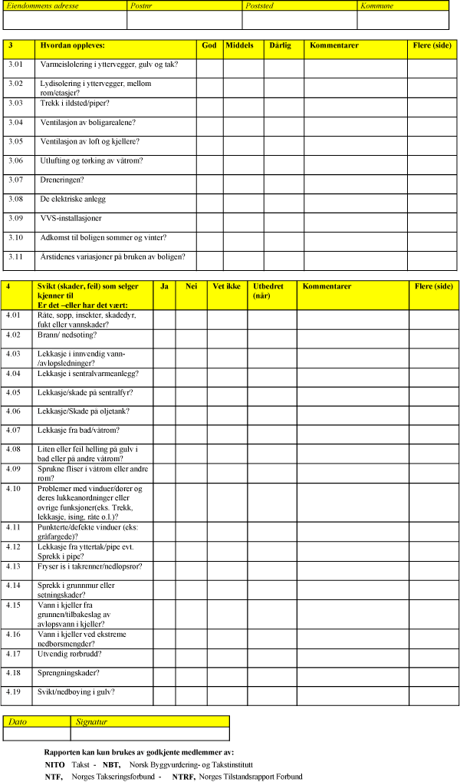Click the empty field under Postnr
point(184,20)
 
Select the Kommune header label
point(377,6)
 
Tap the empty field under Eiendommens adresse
point(64,20)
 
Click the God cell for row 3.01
point(209,68)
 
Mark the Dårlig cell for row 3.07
point(284,184)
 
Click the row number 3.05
point(16,142)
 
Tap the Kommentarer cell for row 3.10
point(355,242)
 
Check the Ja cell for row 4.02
point(164,339)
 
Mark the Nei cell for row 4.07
point(191,434)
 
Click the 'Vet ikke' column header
point(227,287)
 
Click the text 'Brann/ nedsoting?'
point(67,335)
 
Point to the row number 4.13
point(14,566)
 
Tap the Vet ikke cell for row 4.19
point(227,695)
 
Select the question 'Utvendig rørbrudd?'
point(70,654)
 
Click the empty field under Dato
point(37,734)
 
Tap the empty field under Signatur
point(149,734)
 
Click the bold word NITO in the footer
point(54,765)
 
